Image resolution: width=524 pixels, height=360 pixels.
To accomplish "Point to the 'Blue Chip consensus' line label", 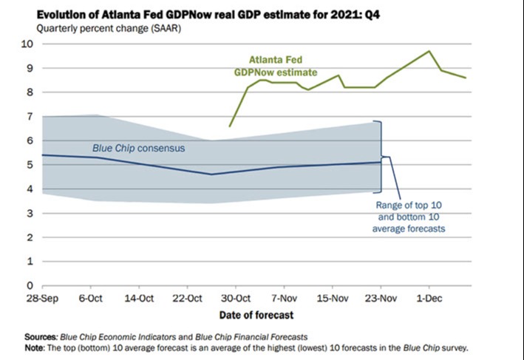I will click(x=138, y=149).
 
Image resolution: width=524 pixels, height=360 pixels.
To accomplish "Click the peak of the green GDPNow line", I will click(x=429, y=51).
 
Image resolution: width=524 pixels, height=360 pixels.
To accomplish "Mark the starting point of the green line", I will click(x=230, y=126).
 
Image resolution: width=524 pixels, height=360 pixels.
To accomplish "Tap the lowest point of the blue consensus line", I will click(x=211, y=174).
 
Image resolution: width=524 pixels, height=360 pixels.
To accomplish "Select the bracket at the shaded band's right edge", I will click(x=381, y=157).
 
